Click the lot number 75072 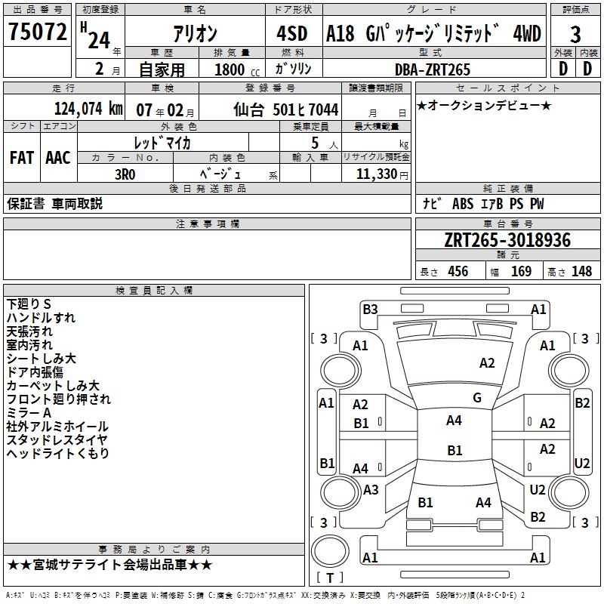(38, 32)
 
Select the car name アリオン (195, 34)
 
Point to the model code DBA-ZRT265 (433, 69)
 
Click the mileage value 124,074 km (88, 109)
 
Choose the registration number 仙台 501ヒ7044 (286, 109)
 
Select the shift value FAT (21, 157)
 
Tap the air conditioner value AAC (58, 157)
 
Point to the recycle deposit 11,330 (378, 174)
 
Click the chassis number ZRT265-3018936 (507, 240)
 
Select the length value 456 (458, 272)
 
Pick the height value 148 (581, 272)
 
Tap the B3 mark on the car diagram (370, 309)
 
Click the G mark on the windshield (477, 397)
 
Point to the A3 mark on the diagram (371, 489)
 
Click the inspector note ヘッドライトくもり (58, 453)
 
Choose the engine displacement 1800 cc (232, 69)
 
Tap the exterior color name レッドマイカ (162, 141)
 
